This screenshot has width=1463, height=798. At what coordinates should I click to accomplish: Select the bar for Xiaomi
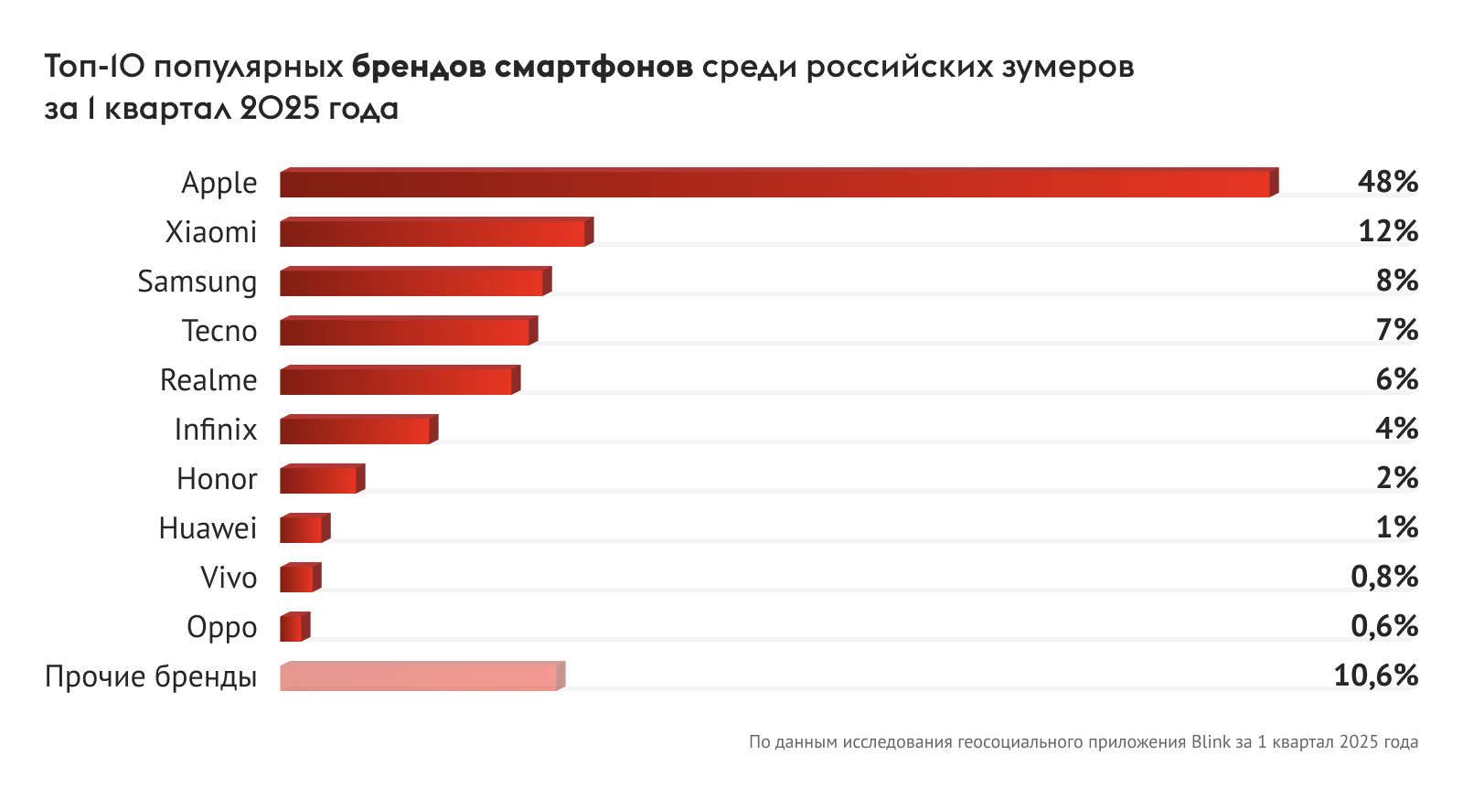pyautogui.click(x=433, y=233)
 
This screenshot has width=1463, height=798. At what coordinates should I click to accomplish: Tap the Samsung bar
pyautogui.click(x=412, y=282)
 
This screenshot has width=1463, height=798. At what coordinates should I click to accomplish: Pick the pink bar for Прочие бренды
pyautogui.click(x=420, y=677)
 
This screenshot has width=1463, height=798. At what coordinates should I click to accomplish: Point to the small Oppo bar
pyautogui.click(x=293, y=628)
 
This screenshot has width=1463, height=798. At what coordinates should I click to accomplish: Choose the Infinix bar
pyautogui.click(x=356, y=431)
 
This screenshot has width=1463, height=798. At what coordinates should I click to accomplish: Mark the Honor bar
pyautogui.click(x=319, y=480)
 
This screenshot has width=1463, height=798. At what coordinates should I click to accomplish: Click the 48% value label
pyautogui.click(x=1387, y=182)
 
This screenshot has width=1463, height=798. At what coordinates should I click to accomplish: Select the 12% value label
pyautogui.click(x=1387, y=231)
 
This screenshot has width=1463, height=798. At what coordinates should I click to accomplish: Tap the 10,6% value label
pyautogui.click(x=1375, y=676)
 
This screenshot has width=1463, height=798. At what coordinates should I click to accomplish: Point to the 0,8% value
pyautogui.click(x=1383, y=577)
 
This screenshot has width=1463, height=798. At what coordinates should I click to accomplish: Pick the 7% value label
pyautogui.click(x=1396, y=330)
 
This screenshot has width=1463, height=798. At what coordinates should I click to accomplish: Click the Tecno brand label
pyautogui.click(x=219, y=331)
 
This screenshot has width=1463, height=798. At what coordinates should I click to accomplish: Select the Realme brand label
pyautogui.click(x=208, y=380)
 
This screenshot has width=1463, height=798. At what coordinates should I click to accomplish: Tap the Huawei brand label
pyautogui.click(x=208, y=528)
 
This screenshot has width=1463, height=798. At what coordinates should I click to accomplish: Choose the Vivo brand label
pyautogui.click(x=229, y=578)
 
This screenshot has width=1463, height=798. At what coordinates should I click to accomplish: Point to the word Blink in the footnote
pyautogui.click(x=1211, y=742)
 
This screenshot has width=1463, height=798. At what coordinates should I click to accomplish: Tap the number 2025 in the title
pyautogui.click(x=280, y=109)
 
